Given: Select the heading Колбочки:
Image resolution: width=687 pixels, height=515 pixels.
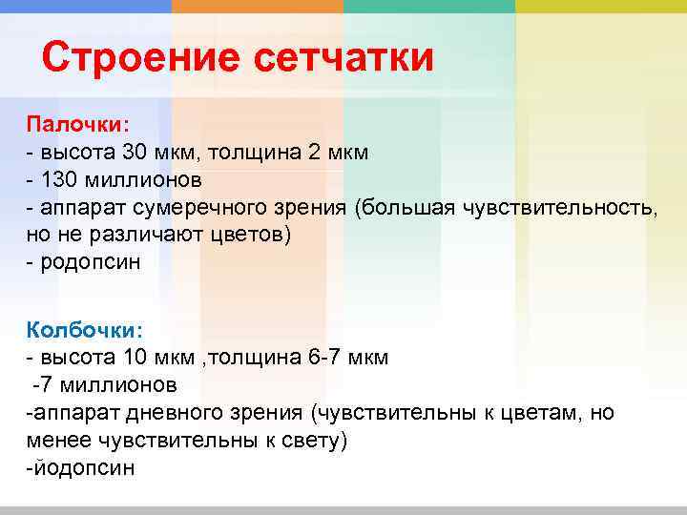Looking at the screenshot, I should pos(84,330).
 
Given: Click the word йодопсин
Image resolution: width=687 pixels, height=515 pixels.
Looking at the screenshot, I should pos(83,468).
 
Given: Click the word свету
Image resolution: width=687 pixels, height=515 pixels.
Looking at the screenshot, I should pos(307,441).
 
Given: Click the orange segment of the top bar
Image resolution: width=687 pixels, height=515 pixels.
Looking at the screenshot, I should pos(258,6).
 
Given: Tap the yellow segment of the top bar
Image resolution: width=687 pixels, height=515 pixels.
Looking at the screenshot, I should pos(601,6).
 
